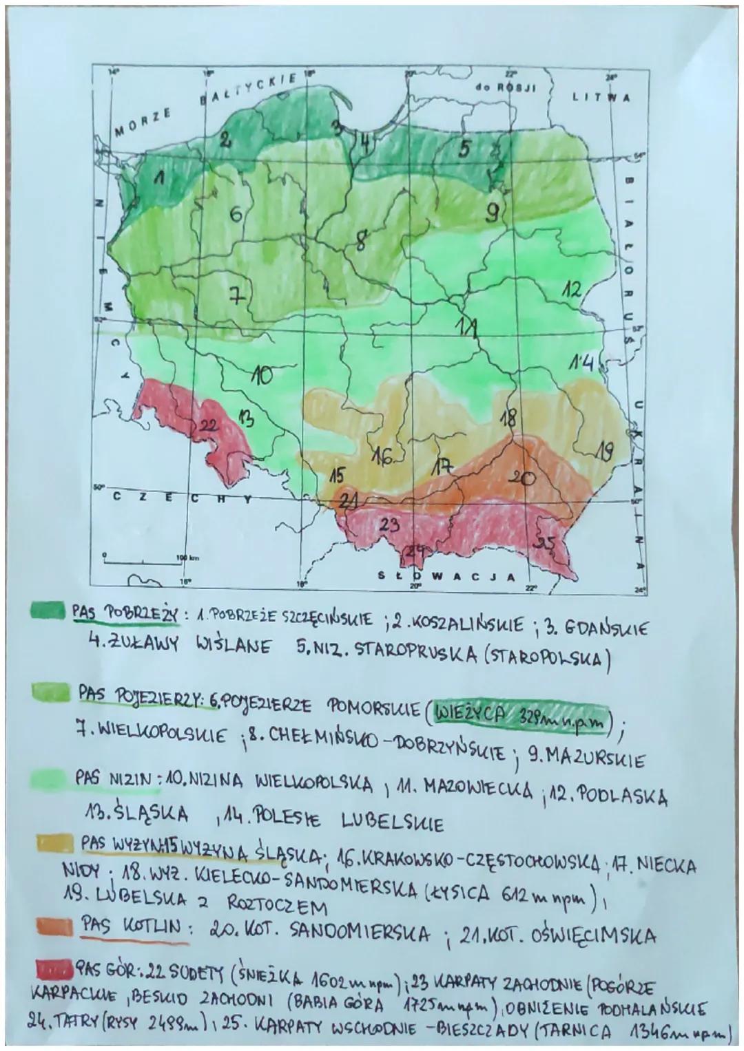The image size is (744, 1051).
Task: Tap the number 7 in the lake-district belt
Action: (x=236, y=295)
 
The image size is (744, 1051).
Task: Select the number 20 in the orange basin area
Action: (x=524, y=477)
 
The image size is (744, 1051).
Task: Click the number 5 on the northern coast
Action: (x=466, y=148)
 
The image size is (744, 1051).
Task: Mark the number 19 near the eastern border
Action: (x=604, y=452)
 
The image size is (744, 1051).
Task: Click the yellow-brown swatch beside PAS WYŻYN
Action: (x=54, y=844)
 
